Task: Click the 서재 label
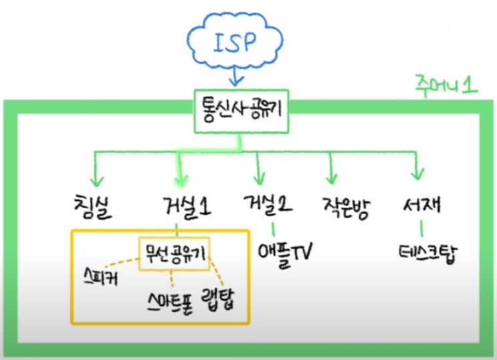tap(421, 205)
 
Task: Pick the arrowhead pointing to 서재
tap(417, 177)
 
